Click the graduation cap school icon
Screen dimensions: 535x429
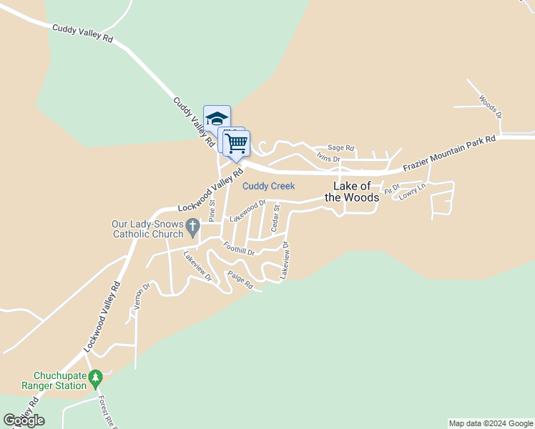coord(217,118)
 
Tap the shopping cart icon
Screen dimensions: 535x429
coord(237,142)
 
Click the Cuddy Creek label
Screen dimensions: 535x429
coord(268,187)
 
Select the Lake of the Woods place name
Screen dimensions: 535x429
coord(352,192)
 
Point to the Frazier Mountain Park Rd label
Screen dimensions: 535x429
coord(449,154)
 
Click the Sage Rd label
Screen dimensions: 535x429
coord(341,148)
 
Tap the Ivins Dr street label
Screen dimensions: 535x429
coord(328,158)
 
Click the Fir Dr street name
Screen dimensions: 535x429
coord(392,189)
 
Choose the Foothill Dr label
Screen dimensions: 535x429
coord(239,250)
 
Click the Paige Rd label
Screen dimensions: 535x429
coord(240,280)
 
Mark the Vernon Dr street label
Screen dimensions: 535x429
coord(139,297)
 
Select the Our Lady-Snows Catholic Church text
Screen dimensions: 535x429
coord(147,229)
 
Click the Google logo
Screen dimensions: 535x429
coord(24,420)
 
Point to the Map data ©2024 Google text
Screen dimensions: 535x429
coord(490,423)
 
